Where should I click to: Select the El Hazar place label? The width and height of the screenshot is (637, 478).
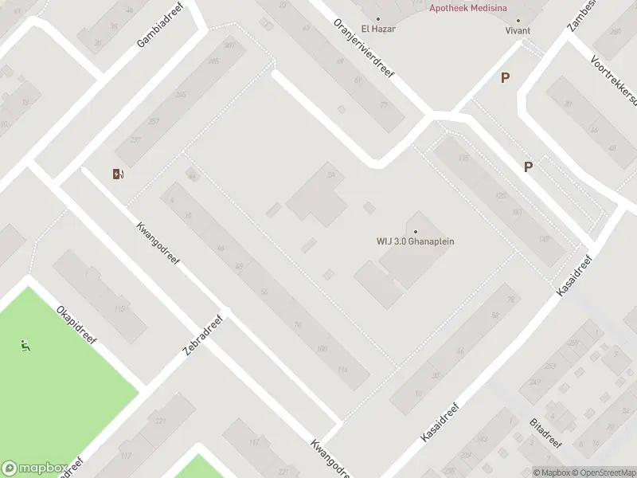click(x=378, y=29)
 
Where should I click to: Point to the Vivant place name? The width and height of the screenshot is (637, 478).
click(x=518, y=30)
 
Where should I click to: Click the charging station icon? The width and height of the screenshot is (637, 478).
click(x=119, y=174)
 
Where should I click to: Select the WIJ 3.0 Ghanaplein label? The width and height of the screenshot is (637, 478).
click(x=415, y=241)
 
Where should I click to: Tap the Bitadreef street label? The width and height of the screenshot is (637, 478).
click(x=545, y=433)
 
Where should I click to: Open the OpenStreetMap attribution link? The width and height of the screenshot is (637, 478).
click(x=607, y=472)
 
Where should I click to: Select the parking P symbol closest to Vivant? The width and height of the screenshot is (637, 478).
click(x=505, y=77)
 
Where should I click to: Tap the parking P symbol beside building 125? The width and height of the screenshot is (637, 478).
click(x=527, y=167)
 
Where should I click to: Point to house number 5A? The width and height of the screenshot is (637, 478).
click(x=330, y=176)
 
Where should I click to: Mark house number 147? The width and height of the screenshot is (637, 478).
click(x=544, y=239)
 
